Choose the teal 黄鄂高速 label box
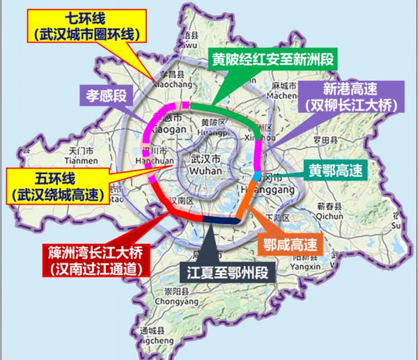[x=335, y=169]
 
